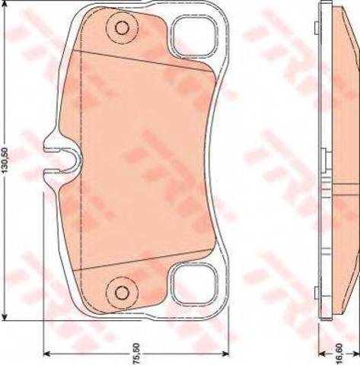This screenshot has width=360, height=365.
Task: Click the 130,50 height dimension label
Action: pos(5,160)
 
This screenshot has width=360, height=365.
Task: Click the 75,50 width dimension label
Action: pos(136,353)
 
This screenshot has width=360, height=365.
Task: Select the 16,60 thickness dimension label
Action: pos(340,353)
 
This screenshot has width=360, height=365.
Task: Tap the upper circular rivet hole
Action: pos(122,27)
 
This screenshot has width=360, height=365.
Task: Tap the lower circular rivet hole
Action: pos(122,293)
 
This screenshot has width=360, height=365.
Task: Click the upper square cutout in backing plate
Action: pos(194,36)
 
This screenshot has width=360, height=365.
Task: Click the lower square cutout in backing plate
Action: pos(194,284)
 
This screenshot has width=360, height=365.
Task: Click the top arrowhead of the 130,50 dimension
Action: pos(5,5)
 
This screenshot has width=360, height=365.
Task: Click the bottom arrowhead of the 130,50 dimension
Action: pos(5,315)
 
